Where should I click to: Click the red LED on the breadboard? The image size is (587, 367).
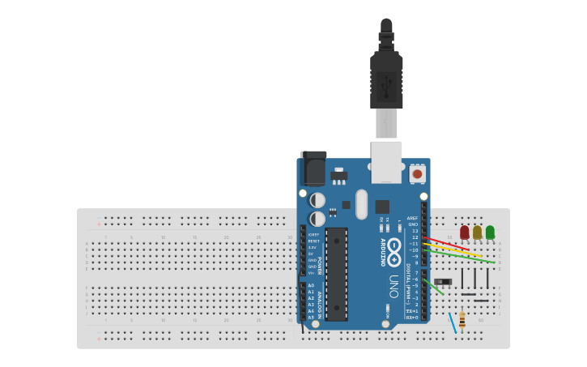tap(464, 233)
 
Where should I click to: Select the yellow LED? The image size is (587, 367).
tap(477, 233)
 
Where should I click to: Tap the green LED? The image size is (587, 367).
tap(490, 233)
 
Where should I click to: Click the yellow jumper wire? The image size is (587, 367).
tap(453, 250)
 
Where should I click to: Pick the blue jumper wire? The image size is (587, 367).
tap(453, 323)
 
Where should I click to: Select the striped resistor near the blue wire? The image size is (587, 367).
tap(462, 320)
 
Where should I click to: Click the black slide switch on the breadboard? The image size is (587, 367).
tap(443, 281)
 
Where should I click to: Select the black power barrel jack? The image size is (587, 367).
tap(313, 169)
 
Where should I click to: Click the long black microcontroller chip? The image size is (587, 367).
tap(336, 273)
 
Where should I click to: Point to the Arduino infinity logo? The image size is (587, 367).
tap(394, 251)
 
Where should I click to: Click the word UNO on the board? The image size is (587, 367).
tap(394, 286)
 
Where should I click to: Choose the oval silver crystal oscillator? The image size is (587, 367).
tap(361, 204)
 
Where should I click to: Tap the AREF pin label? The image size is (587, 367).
tap(413, 218)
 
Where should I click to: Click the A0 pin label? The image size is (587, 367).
tap(311, 285)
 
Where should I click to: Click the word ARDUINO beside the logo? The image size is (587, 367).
tap(383, 252)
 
